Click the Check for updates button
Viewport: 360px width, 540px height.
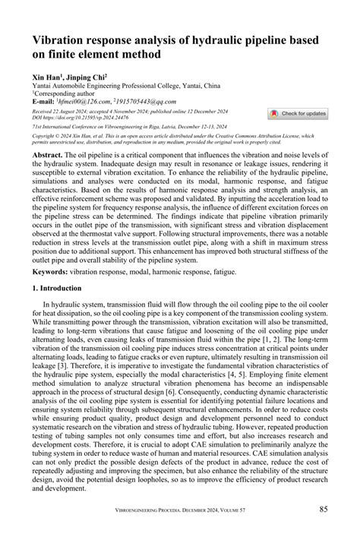pos(298,113)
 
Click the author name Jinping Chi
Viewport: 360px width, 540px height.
pos(88,77)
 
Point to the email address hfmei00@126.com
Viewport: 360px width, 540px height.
pos(82,101)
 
